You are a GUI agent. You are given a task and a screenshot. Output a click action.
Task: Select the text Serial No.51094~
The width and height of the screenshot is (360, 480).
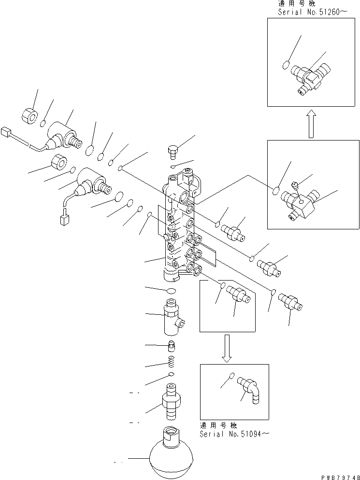(234, 434)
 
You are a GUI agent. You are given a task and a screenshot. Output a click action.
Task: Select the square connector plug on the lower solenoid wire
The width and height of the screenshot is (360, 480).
(63, 220)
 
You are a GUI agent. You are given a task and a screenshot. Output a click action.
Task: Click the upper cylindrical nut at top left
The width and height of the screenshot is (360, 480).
(30, 115)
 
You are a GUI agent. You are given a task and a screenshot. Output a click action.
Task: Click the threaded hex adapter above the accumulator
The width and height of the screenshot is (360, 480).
(172, 401)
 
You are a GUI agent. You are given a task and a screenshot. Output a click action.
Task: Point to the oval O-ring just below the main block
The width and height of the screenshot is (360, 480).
(170, 290)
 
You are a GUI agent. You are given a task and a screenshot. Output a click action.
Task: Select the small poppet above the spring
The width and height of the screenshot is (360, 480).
(171, 346)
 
